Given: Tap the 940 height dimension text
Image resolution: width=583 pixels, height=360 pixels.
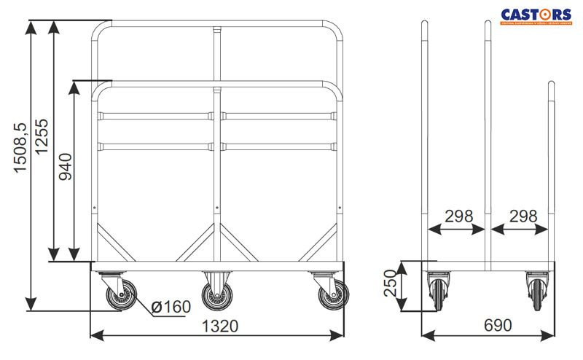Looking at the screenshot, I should [66, 168].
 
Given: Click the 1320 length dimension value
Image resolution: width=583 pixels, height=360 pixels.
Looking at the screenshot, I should [218, 326].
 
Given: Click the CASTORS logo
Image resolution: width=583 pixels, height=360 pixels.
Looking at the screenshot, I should [536, 14].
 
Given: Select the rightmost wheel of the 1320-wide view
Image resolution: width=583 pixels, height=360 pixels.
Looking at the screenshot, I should [332, 294].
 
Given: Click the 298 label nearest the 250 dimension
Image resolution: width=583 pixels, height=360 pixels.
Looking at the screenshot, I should [458, 216].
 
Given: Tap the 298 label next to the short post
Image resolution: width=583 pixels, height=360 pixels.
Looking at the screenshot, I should [523, 216].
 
